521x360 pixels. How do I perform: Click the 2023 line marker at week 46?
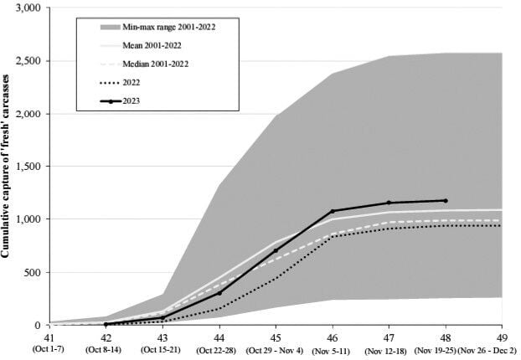333,211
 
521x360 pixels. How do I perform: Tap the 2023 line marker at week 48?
446,201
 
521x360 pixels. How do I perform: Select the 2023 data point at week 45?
276,250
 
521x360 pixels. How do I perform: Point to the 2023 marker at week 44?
219,293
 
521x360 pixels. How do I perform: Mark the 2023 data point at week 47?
389,203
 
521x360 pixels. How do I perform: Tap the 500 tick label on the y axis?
32,272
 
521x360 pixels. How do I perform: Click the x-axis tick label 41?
49,336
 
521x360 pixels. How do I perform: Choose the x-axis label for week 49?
502,336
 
